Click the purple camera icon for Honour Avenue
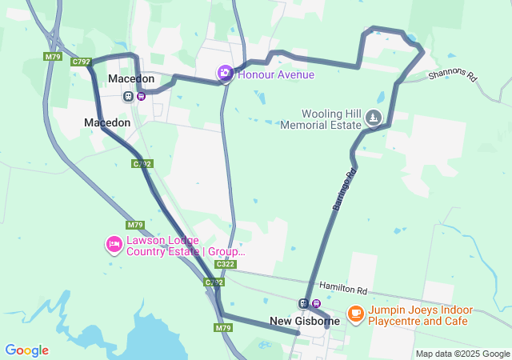tap(226, 74)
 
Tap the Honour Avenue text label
tap(276, 74)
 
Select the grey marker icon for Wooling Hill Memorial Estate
tap(373, 118)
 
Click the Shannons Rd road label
tap(452, 76)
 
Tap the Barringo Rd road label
tap(342, 190)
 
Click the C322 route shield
tap(226, 264)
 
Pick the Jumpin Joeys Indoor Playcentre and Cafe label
tap(420, 315)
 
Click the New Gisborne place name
tap(304, 321)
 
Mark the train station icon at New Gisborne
tap(303, 303)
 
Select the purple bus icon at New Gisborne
tap(316, 303)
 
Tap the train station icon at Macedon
tap(128, 96)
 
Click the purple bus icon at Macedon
tap(141, 96)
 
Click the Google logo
tap(26, 350)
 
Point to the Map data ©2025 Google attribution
tap(462, 354)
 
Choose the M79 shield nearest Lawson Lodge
tap(134, 225)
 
